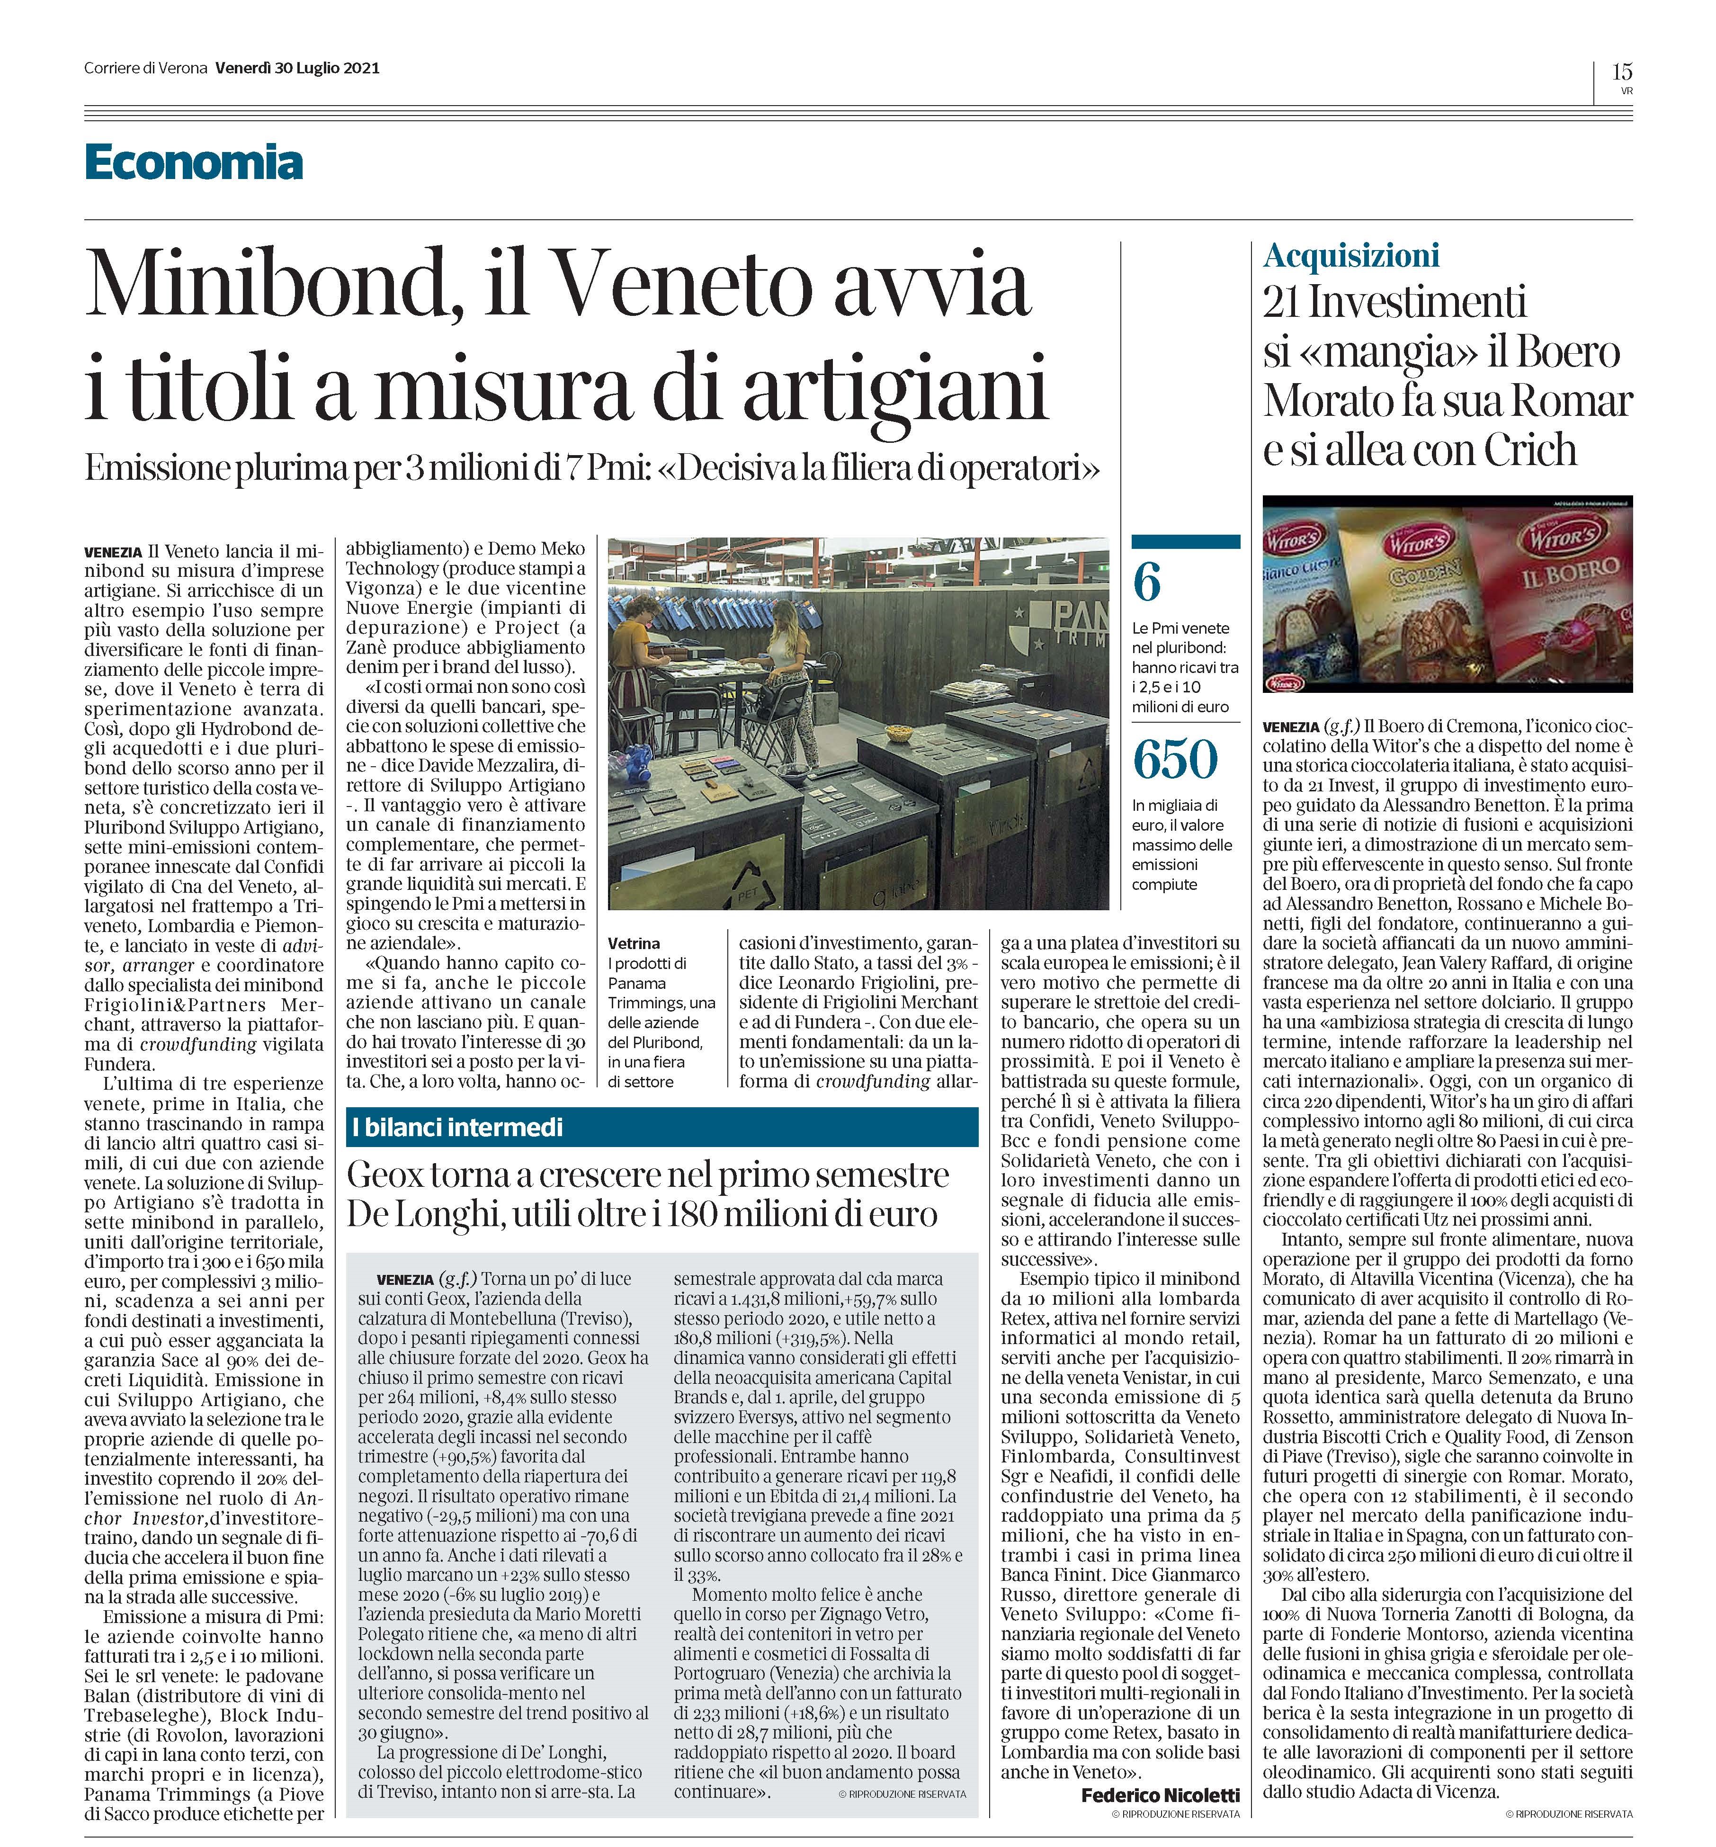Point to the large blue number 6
(1148, 583)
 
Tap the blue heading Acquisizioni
(1351, 255)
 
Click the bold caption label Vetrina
(634, 942)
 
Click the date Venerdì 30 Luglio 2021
(297, 69)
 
